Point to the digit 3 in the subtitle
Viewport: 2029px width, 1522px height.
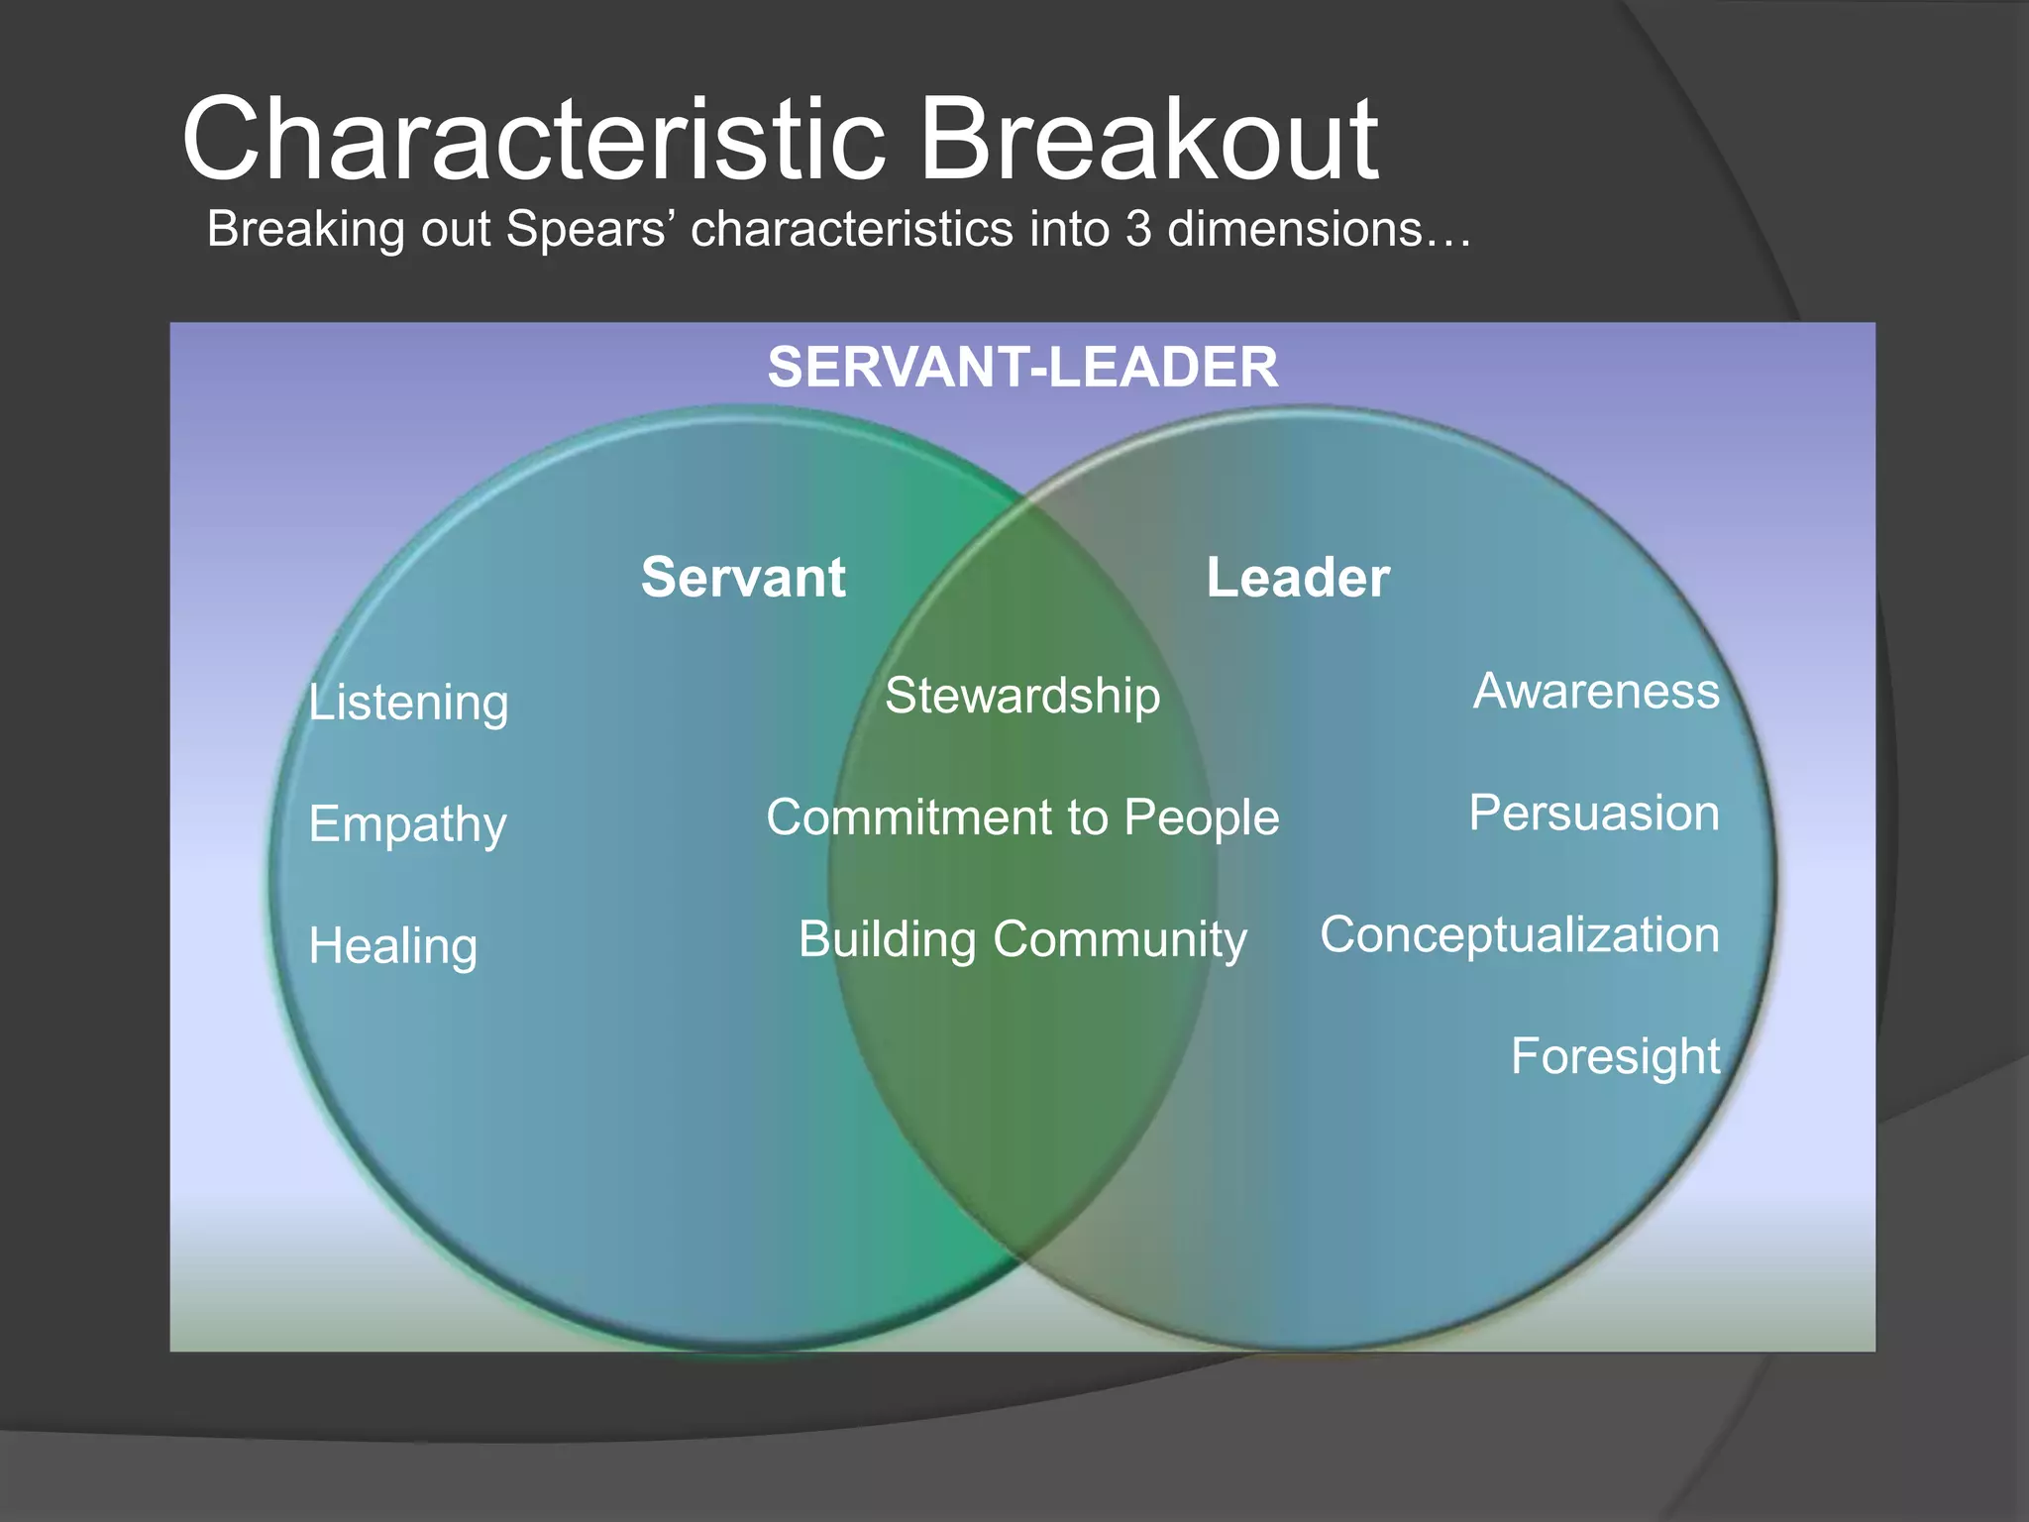pyautogui.click(x=1138, y=229)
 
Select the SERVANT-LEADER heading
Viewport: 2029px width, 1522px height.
pyautogui.click(x=1022, y=367)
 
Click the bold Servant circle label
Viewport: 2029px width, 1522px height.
pyautogui.click(x=743, y=577)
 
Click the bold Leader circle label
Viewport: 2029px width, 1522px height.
pyautogui.click(x=1298, y=577)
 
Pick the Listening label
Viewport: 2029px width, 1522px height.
pyautogui.click(x=408, y=703)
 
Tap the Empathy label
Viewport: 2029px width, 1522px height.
pyautogui.click(x=407, y=824)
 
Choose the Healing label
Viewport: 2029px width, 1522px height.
pyautogui.click(x=393, y=945)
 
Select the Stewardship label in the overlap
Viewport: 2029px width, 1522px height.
pyautogui.click(x=1022, y=696)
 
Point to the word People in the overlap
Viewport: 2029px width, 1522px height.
pyautogui.click(x=1202, y=817)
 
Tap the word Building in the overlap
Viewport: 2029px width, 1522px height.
pyautogui.click(x=888, y=939)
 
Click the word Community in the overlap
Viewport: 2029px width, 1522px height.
pyautogui.click(x=1120, y=939)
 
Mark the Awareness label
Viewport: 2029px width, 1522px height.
pyautogui.click(x=1596, y=691)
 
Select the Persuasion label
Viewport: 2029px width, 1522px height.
pyautogui.click(x=1594, y=813)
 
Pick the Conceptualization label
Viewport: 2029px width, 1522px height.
pyautogui.click(x=1520, y=934)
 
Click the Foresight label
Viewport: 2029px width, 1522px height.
pyautogui.click(x=1615, y=1056)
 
